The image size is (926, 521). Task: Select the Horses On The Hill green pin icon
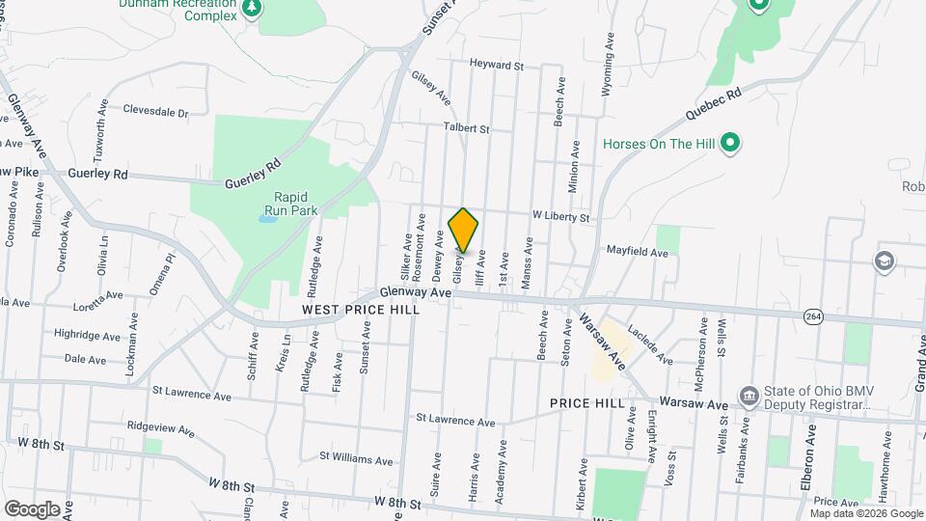click(x=731, y=145)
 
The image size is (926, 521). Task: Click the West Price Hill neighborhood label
click(x=361, y=310)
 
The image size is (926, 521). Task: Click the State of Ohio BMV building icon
click(x=748, y=396)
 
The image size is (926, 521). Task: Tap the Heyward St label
click(x=496, y=67)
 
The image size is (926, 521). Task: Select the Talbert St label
click(x=467, y=127)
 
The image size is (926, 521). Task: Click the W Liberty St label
click(x=560, y=218)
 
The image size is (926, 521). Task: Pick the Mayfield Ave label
click(x=637, y=253)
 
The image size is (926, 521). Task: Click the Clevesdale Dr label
click(x=155, y=112)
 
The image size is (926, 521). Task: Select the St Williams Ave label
click(x=356, y=460)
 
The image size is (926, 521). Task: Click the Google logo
click(x=32, y=508)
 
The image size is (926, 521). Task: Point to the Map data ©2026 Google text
click(x=865, y=512)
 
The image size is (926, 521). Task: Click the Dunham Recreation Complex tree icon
click(x=253, y=9)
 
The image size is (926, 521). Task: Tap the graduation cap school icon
click(x=883, y=260)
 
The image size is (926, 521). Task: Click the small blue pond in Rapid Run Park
click(x=268, y=218)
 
